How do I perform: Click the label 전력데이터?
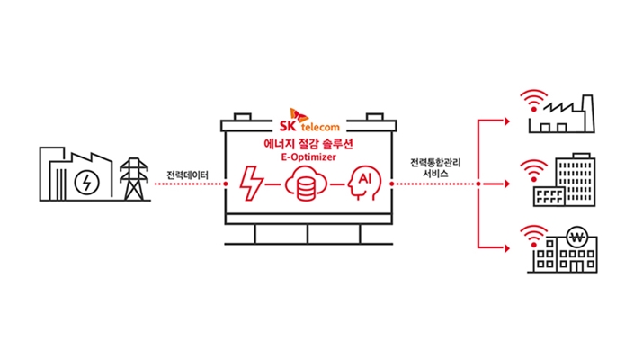coord(186,174)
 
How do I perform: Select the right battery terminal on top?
coord(375,116)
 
